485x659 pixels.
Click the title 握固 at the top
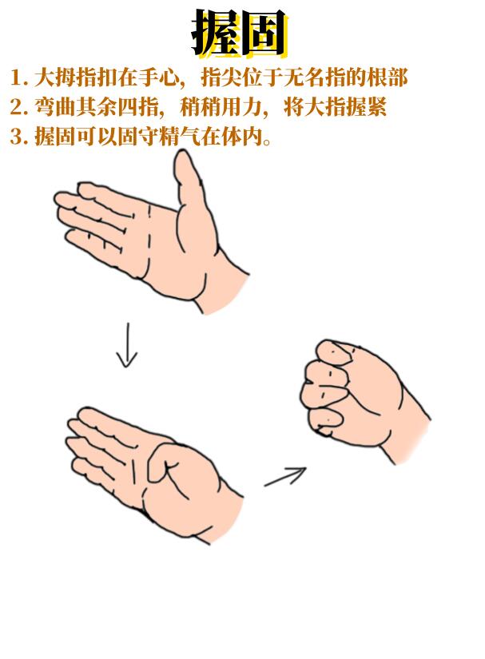(x=240, y=33)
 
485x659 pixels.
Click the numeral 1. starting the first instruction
(x=19, y=77)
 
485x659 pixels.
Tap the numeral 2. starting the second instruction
(x=19, y=107)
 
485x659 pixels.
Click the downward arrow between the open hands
(x=127, y=344)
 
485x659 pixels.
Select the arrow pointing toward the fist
(x=285, y=477)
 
